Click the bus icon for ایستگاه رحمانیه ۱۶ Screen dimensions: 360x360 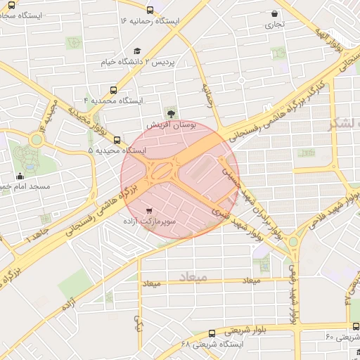click(x=151, y=10)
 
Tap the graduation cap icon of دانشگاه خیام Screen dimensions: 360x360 click(x=137, y=51)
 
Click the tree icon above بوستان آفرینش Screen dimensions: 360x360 click(x=171, y=112)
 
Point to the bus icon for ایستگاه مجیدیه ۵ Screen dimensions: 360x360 click(x=117, y=139)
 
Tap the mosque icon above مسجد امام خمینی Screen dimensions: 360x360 click(x=19, y=176)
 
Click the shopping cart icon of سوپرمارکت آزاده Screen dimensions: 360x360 click(x=149, y=210)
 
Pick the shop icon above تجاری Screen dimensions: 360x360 click(x=274, y=13)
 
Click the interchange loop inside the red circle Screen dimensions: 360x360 click(x=163, y=171)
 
